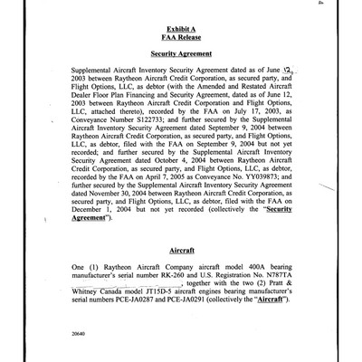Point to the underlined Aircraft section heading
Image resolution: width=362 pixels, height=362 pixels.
pyautogui.click(x=182, y=247)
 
